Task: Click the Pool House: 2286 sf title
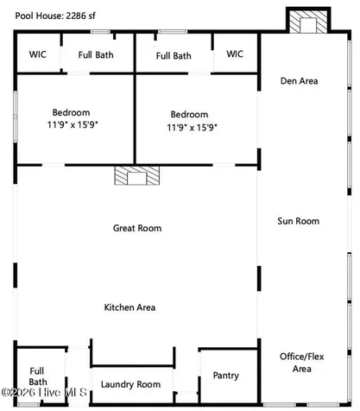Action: pos(55,16)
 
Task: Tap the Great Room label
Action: pos(137,228)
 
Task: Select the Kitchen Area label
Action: pos(129,307)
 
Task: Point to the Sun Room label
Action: pos(299,221)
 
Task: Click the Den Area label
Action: pos(300,81)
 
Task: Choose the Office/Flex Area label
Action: pos(302,363)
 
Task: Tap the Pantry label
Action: pos(226,376)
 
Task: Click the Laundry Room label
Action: pos(130,384)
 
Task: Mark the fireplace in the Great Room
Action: pos(137,175)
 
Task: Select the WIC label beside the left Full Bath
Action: pos(37,54)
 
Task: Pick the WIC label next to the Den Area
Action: pos(235,54)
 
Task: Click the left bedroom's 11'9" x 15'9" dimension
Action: pos(73,125)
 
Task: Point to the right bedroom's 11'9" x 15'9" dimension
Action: pos(192,127)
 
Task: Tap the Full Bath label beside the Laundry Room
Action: pos(38,376)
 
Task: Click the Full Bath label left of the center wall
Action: pos(96,54)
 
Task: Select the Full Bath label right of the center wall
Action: pos(174,56)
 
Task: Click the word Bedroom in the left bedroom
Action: pos(71,112)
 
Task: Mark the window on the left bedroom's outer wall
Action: pos(16,117)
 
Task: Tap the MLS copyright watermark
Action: pos(44,392)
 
